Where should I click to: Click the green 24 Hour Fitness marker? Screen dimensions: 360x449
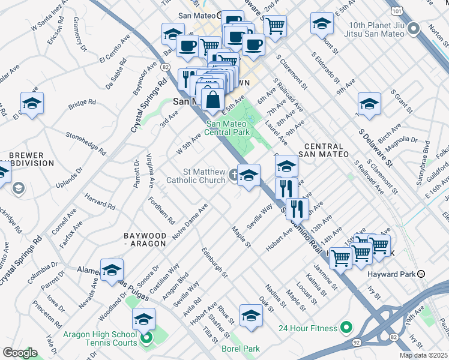[x=346, y=328]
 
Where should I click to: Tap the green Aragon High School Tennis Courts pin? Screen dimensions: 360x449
[x=146, y=339]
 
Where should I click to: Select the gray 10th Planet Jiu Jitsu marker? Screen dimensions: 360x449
[x=413, y=28]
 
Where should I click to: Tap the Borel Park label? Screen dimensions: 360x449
[x=244, y=348]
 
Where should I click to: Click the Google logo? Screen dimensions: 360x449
[x=20, y=352]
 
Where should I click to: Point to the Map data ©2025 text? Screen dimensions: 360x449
[x=423, y=355]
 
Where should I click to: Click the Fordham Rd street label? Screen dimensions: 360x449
[x=161, y=211]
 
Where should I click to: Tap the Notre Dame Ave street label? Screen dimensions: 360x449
[x=190, y=222]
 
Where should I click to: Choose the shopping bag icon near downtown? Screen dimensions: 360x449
[x=212, y=98]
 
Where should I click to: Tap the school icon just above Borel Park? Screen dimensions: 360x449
[x=250, y=315]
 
